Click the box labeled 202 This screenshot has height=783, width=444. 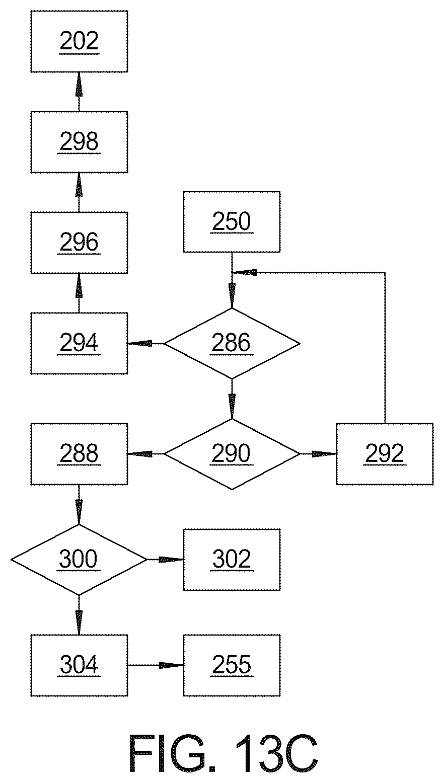(79, 41)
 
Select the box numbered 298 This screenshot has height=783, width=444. (79, 142)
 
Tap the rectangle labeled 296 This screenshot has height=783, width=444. (79, 243)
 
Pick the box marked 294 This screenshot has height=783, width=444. (79, 343)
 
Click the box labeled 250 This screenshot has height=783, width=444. (232, 221)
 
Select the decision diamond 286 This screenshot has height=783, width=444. (232, 343)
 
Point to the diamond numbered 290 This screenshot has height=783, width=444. (232, 454)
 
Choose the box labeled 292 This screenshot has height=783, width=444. (385, 454)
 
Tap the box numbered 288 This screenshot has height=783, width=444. (79, 454)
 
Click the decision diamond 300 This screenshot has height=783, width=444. (79, 560)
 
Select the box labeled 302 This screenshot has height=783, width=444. (232, 560)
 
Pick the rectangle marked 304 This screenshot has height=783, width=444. (79, 665)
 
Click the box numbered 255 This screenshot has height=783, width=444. (232, 665)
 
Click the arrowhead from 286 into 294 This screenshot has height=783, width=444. (140, 344)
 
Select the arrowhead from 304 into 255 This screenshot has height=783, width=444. (171, 665)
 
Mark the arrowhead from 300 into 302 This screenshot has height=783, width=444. (171, 560)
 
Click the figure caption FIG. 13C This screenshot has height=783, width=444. (224, 753)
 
